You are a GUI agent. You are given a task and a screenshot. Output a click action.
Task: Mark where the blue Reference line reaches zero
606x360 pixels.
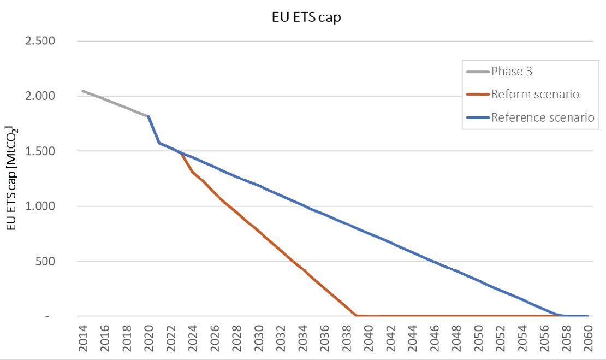566,316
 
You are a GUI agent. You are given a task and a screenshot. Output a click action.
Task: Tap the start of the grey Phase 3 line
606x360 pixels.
82,91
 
